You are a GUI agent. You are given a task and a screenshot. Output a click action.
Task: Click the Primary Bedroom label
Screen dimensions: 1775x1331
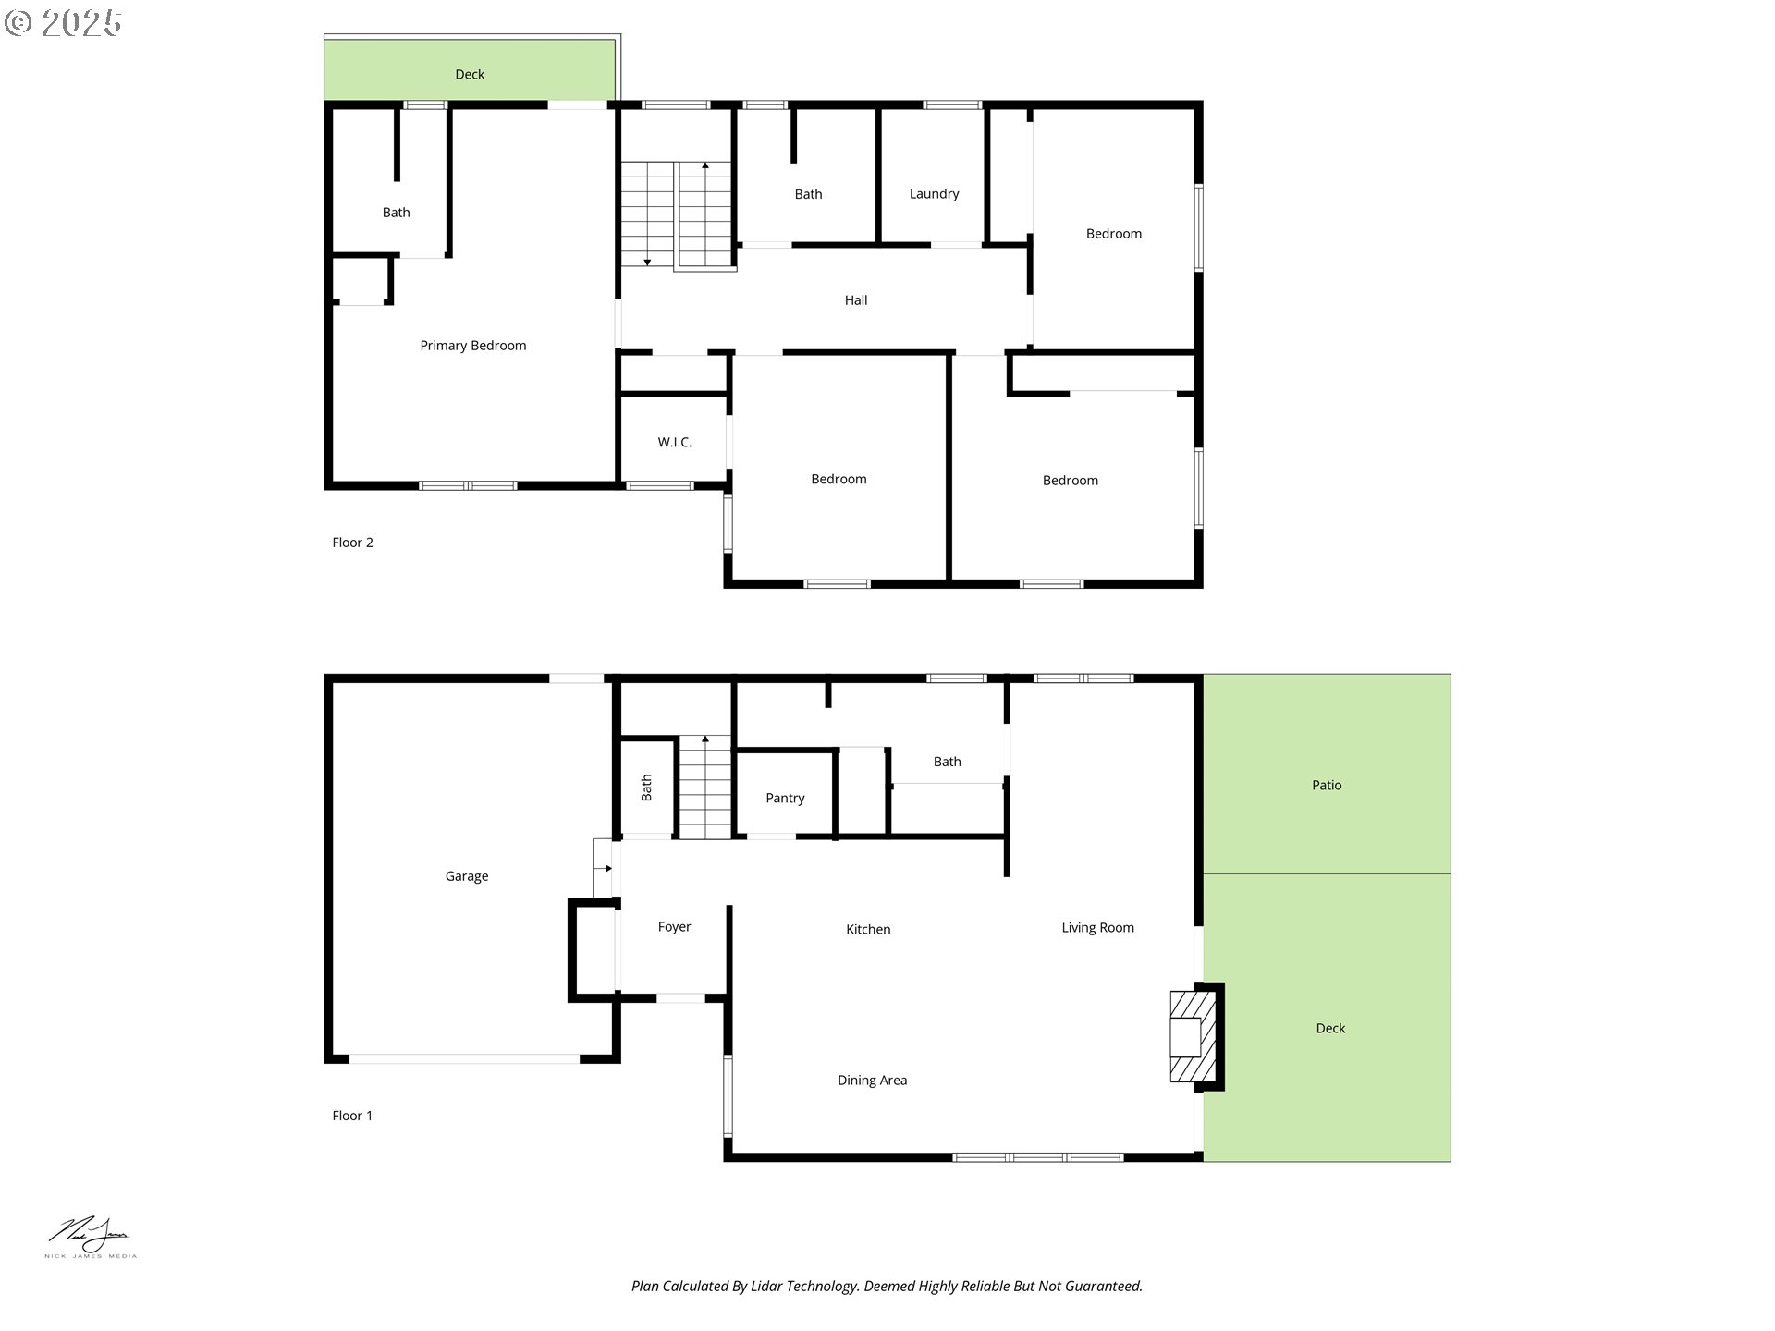(472, 346)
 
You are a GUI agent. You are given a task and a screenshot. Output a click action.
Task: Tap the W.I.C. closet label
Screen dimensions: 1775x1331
(675, 443)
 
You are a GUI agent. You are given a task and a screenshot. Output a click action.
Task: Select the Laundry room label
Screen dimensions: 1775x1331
(934, 194)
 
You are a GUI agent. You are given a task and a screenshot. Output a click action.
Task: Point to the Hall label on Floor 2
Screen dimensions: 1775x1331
(856, 300)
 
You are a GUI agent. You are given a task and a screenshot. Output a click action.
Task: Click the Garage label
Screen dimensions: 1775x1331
(467, 876)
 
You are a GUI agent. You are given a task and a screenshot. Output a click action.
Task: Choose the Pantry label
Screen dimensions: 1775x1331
(785, 799)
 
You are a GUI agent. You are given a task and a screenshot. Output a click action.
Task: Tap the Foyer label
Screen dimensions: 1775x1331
(674, 927)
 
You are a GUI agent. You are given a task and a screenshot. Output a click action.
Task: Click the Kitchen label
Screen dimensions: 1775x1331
(868, 930)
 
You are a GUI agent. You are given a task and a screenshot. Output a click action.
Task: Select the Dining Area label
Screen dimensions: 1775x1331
(872, 1081)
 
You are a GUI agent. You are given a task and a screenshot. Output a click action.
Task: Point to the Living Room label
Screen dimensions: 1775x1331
(1097, 928)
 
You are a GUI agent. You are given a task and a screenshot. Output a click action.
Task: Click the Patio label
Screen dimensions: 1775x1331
(1327, 786)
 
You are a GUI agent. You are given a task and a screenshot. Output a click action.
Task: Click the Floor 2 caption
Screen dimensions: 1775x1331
(352, 543)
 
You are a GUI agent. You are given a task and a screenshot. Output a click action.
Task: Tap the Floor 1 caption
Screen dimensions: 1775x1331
(352, 1116)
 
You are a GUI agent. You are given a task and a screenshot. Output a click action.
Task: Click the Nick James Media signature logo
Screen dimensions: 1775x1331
(91, 1238)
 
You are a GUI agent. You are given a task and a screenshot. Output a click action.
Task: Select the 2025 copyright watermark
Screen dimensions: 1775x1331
(63, 23)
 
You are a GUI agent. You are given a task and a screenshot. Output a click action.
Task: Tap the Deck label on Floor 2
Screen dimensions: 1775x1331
(470, 75)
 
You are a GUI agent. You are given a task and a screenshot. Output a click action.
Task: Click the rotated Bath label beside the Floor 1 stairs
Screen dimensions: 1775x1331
(646, 788)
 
